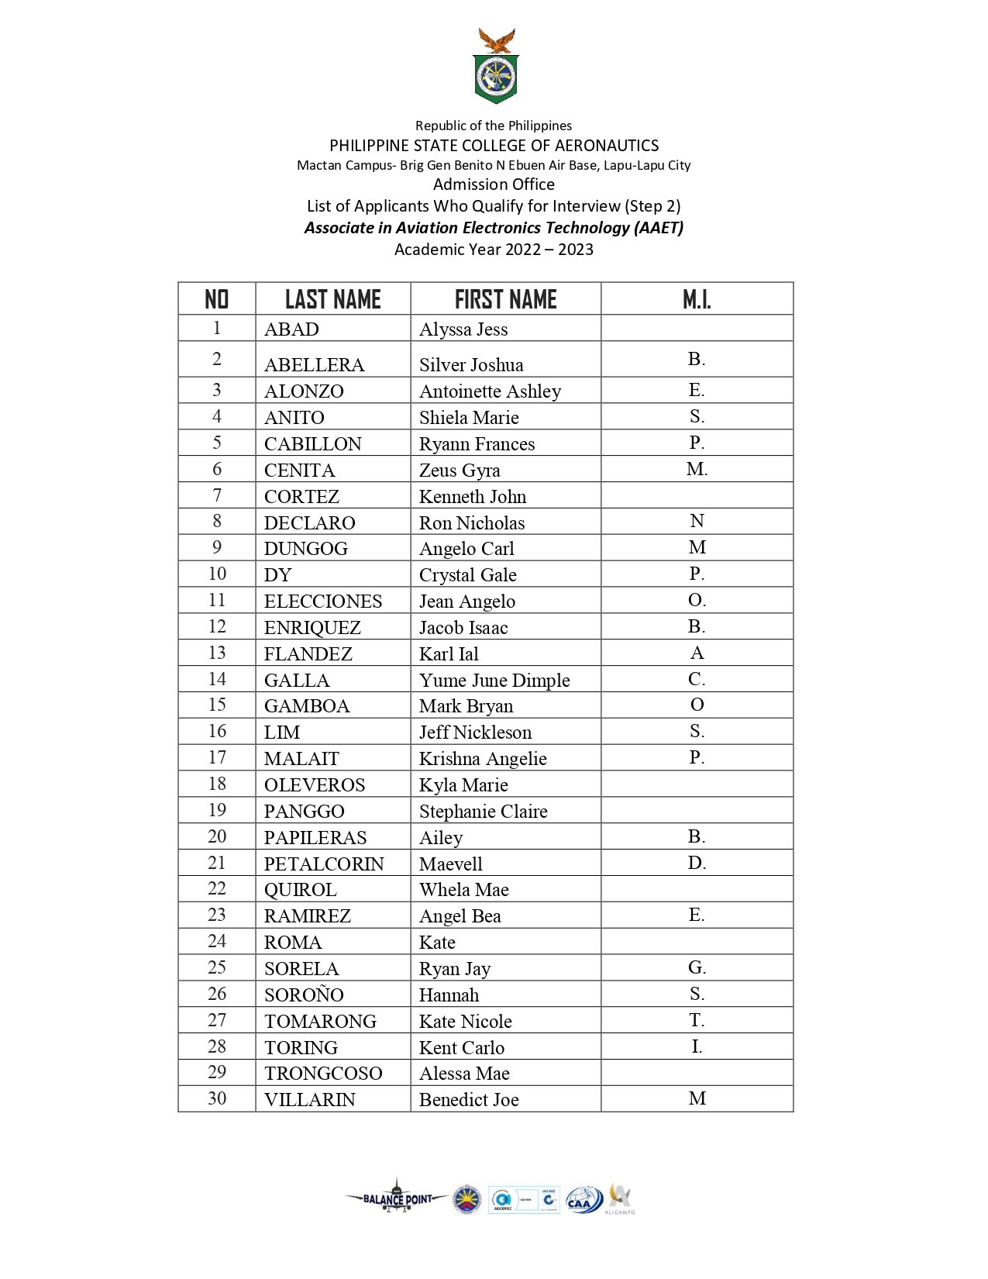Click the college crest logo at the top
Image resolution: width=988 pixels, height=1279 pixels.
coord(496,67)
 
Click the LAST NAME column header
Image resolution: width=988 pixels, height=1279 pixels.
coord(332,299)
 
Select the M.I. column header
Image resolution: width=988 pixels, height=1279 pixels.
coord(697,299)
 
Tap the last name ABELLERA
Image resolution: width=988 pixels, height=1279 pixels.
coord(314,365)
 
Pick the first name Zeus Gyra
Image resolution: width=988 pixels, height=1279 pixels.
coord(460,471)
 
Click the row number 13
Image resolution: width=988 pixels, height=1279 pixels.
coord(217,653)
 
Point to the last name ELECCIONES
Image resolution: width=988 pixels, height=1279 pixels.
coord(323,602)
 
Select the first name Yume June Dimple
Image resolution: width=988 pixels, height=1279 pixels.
coord(494,681)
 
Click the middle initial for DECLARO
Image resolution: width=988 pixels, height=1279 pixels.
coord(697,522)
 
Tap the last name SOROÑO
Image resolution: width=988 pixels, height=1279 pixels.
coord(304,995)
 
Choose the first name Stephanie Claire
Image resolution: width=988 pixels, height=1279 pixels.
coord(483,812)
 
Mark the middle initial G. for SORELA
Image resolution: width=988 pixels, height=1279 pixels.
coord(697,968)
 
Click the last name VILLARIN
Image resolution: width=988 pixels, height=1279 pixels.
coord(309,1100)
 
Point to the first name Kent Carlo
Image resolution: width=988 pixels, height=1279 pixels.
coord(462,1048)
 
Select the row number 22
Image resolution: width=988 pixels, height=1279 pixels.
coord(217,889)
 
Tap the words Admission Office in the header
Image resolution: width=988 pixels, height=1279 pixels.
coord(494,184)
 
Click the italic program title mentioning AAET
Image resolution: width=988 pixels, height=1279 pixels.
coord(494,228)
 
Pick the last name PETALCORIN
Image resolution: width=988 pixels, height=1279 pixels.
coord(324,864)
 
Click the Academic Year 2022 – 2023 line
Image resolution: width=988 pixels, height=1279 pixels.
coord(494,250)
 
